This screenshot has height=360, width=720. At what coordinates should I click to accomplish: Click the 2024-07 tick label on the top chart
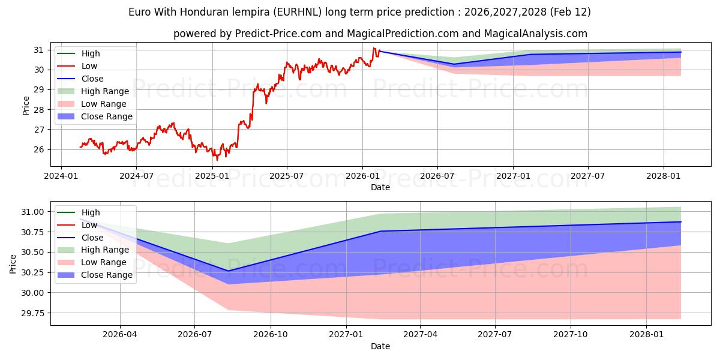(x=136, y=176)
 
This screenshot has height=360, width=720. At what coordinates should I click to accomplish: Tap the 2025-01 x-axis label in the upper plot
(x=212, y=176)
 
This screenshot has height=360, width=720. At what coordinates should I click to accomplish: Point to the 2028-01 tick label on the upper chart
(x=664, y=176)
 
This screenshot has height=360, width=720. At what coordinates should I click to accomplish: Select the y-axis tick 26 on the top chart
(x=41, y=149)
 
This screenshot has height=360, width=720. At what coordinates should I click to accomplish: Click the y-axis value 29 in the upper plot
(x=41, y=89)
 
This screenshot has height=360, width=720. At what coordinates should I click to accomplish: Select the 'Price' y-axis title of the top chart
(x=26, y=105)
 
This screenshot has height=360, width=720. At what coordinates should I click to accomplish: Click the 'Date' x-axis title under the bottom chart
(x=380, y=346)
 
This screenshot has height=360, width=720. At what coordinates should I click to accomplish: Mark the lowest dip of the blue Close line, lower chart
(x=228, y=271)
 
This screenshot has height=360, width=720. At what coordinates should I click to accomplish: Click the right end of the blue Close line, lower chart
(x=681, y=222)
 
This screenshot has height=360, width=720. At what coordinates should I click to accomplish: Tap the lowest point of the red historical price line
(x=217, y=160)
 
